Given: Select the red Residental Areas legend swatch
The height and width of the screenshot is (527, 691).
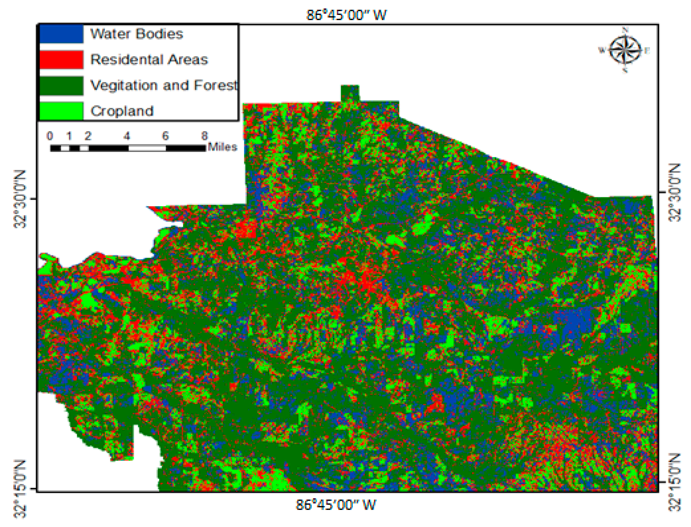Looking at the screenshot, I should [x=61, y=60].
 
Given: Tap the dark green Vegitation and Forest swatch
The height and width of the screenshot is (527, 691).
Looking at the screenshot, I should [x=61, y=85].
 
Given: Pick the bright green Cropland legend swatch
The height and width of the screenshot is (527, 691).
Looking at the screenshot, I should [x=61, y=111].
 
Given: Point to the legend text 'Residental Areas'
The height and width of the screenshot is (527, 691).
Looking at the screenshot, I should [x=149, y=60].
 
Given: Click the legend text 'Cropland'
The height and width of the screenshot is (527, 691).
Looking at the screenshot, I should [x=122, y=111].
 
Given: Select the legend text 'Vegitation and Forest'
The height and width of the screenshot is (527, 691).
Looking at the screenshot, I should [x=164, y=85].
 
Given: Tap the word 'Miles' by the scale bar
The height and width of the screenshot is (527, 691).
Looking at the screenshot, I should [x=222, y=147].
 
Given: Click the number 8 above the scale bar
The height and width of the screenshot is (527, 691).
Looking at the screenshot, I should [x=204, y=136].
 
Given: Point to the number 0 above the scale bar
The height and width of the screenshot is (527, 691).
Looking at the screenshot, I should [x=50, y=136].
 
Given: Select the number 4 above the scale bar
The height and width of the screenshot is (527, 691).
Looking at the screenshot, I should [x=127, y=136].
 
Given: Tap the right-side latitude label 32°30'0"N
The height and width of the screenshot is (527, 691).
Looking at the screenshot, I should [x=674, y=192].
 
